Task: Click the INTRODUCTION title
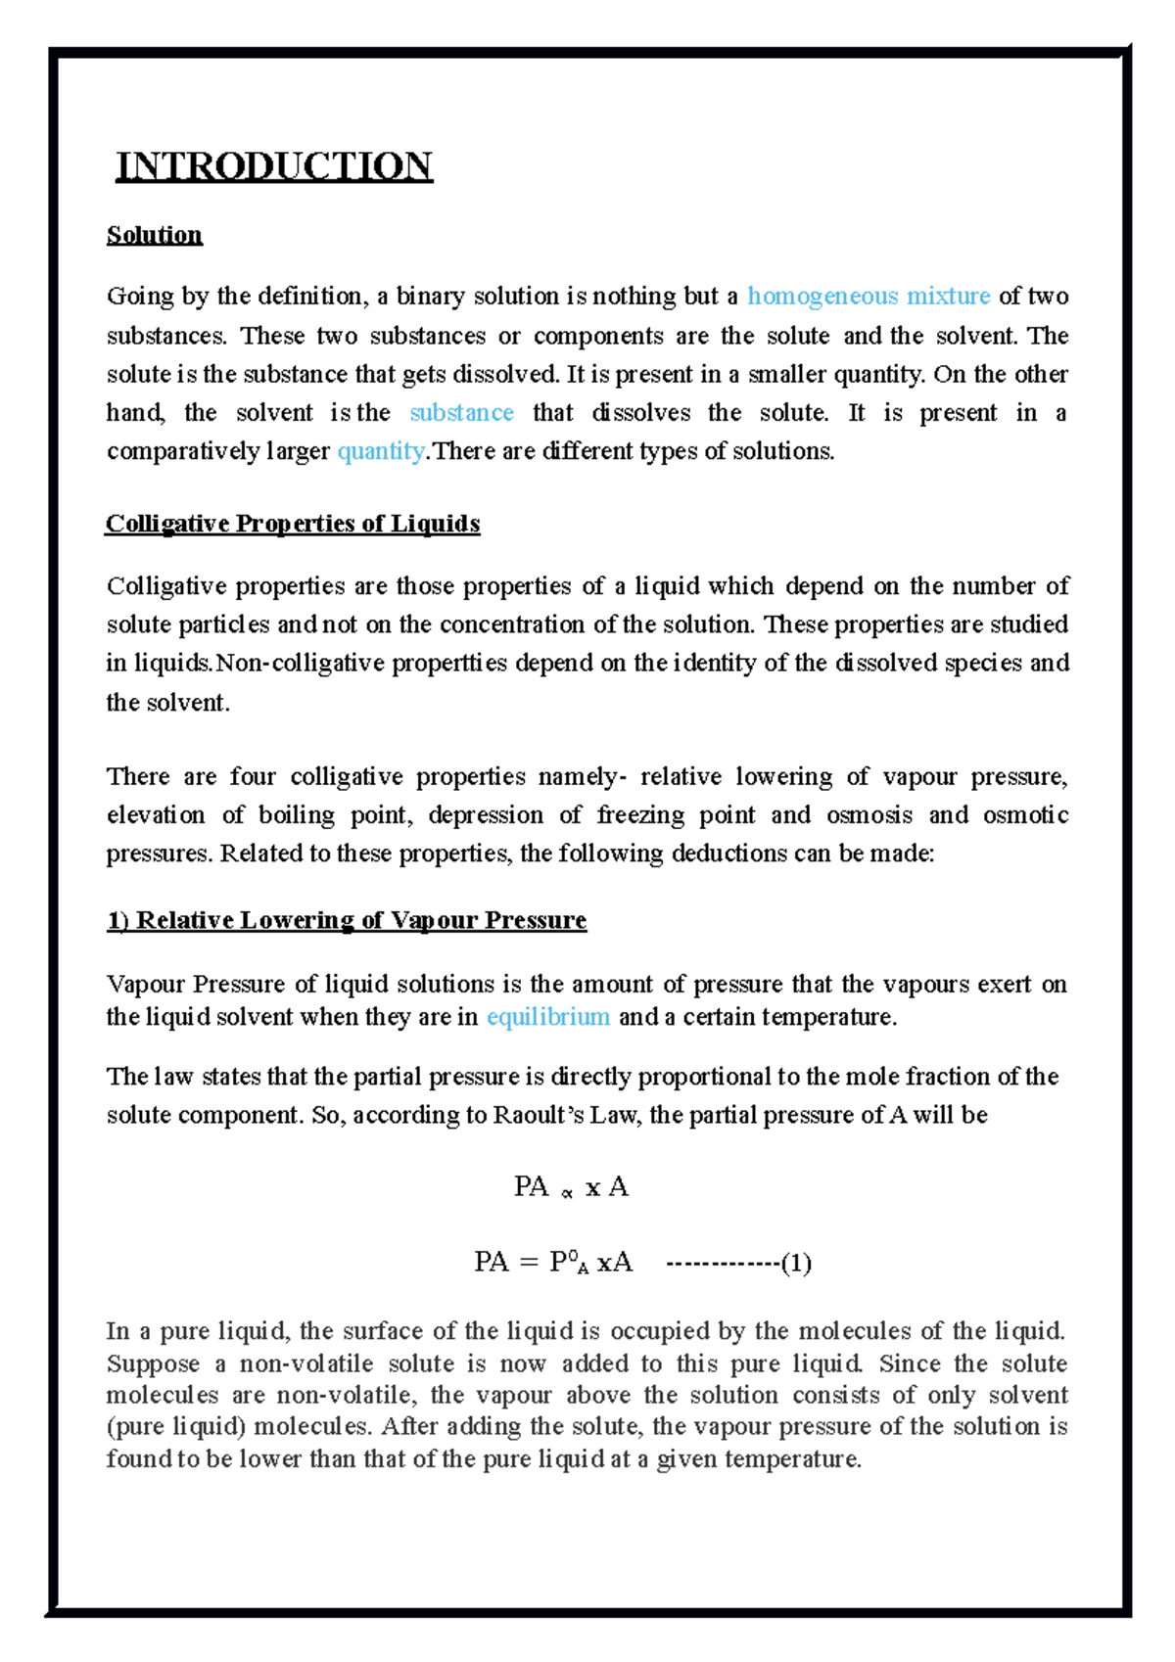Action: [x=274, y=165]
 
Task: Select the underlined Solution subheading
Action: [x=154, y=235]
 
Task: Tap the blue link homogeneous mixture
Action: [x=869, y=296]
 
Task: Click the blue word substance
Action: [x=461, y=412]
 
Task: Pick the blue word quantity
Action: [x=380, y=451]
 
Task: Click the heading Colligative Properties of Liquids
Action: [x=293, y=524]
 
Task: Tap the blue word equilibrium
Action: [x=548, y=1017]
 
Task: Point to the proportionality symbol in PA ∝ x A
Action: [x=566, y=1193]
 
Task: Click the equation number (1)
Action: [x=796, y=1264]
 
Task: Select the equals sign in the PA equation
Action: [x=529, y=1264]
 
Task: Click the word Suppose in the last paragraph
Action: [x=153, y=1363]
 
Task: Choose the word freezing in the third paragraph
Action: [x=641, y=815]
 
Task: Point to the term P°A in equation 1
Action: [x=569, y=1263]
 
